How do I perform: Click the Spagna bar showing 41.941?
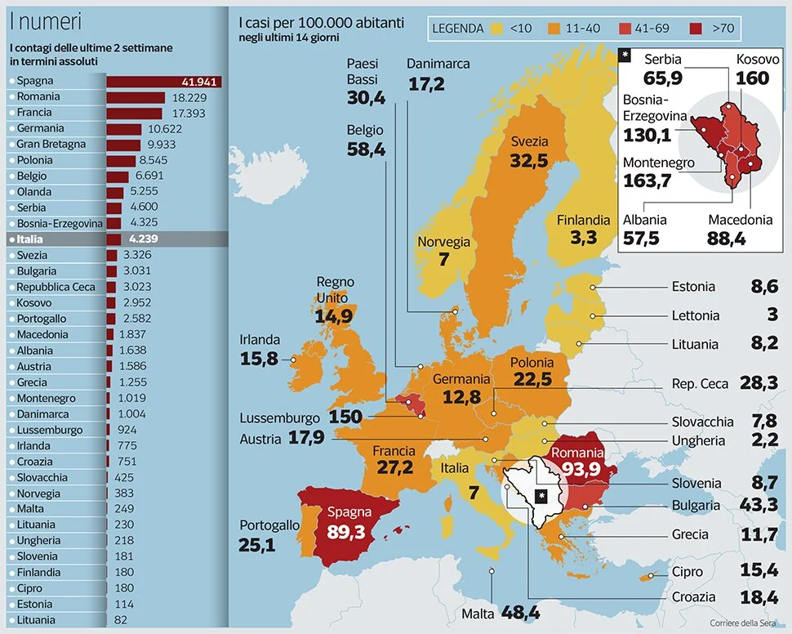pos(163,81)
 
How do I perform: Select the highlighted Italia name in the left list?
pos(29,239)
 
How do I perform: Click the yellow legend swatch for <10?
pos(496,29)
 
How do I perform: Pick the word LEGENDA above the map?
pos(458,29)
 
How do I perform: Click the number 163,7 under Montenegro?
pos(647,181)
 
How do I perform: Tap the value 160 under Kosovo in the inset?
pos(752,78)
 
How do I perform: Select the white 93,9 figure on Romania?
pos(577,469)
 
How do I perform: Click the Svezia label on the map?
pos(529,141)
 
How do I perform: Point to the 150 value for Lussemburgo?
pos(345,417)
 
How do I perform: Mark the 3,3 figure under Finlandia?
pos(583,238)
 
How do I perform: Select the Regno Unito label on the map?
pos(335,288)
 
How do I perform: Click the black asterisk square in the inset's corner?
pos(625,55)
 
